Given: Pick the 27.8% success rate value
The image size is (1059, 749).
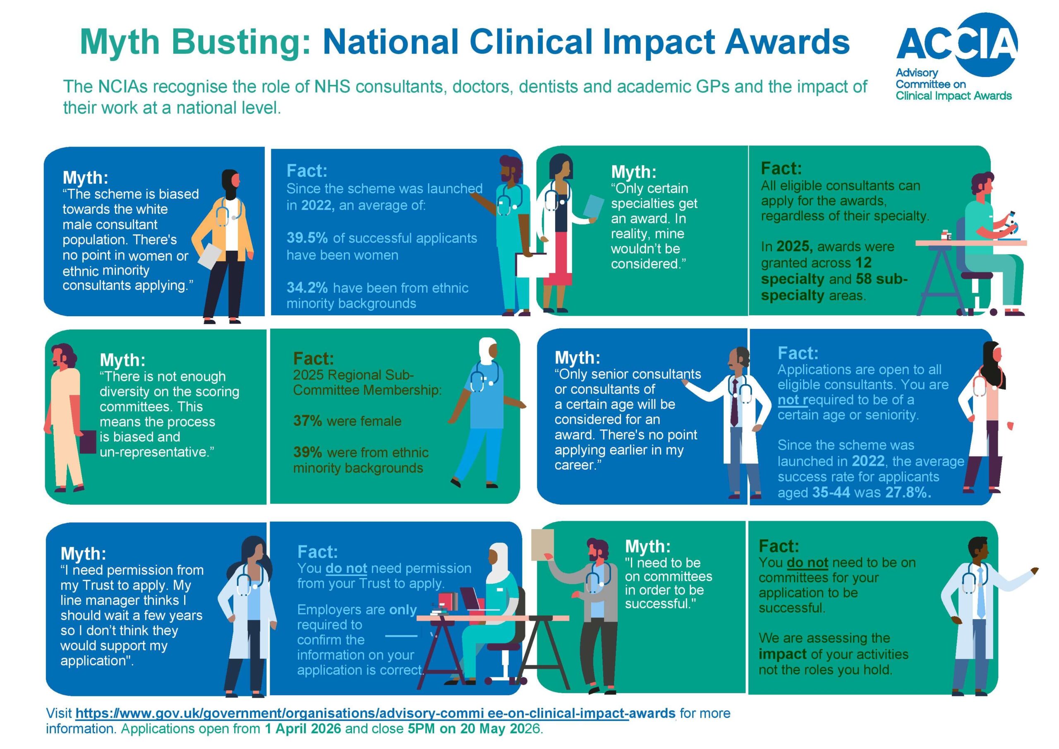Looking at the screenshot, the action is tap(908, 492).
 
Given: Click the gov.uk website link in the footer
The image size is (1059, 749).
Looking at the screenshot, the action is tap(376, 713).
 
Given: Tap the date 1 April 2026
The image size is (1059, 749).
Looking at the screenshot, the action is tap(303, 729).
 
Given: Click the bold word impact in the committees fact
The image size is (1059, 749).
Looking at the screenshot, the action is tap(782, 654).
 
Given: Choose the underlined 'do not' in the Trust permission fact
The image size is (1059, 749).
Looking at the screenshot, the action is tap(346, 568).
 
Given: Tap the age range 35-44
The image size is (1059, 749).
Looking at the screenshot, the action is tap(831, 492).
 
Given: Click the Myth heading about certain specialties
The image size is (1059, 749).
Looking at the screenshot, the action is tap(634, 172).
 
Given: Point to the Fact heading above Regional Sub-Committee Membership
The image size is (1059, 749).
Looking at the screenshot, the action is tap(314, 359).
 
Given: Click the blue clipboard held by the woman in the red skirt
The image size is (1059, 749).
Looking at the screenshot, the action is tap(594, 206).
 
